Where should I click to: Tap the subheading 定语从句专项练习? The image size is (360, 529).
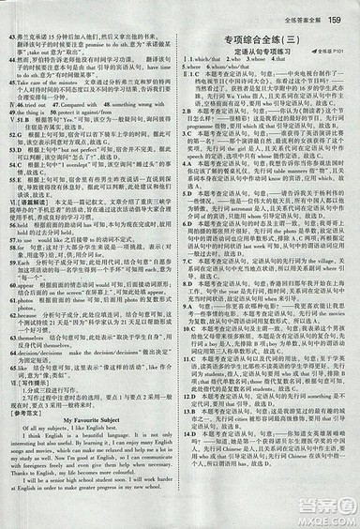[x=265, y=57]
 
